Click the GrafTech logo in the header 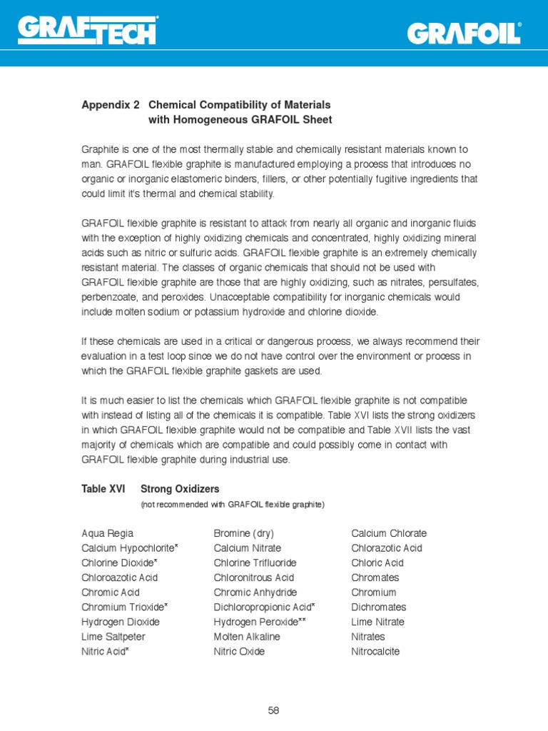[87, 31]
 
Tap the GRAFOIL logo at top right [465, 34]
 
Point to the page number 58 [274, 710]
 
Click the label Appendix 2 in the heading [111, 105]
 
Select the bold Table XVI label [103, 489]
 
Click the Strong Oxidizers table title [180, 489]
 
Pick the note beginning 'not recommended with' [233, 505]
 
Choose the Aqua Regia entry [107, 533]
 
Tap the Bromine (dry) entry [243, 533]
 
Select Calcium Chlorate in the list [389, 533]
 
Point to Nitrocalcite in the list [375, 652]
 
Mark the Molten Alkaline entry [247, 637]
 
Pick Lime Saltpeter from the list [111, 637]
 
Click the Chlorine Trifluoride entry [255, 563]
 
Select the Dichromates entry [378, 608]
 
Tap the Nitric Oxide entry [239, 652]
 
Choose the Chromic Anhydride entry [255, 593]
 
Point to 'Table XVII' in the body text [407, 430]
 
